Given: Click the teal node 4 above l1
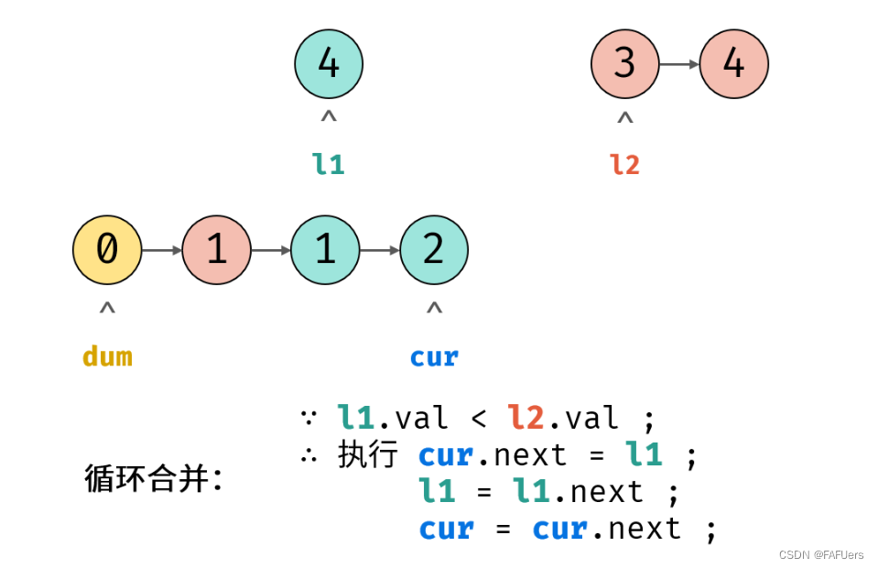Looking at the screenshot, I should [x=329, y=64].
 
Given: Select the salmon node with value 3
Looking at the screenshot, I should [x=624, y=64].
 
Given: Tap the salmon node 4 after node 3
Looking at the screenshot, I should [x=733, y=64].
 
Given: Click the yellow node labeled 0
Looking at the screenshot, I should [x=107, y=249].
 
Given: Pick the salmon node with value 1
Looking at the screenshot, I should [x=216, y=249].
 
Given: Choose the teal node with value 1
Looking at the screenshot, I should [x=325, y=249].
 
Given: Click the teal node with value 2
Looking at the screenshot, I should [x=434, y=249].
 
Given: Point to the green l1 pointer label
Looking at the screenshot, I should [x=329, y=164].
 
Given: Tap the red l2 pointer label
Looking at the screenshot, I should [x=624, y=164].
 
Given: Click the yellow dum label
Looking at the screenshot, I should [x=107, y=355].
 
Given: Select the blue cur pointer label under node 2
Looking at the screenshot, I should [x=434, y=356].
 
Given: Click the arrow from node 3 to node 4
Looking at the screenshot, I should [x=678, y=64].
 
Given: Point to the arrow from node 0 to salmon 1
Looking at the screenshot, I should [x=162, y=249].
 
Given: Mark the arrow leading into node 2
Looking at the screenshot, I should [x=379, y=249].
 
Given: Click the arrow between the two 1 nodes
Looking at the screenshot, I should [x=271, y=249].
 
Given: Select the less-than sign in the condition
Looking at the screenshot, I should [x=479, y=420].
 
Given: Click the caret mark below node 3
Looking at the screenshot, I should [x=624, y=118].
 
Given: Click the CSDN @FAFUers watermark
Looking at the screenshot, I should [x=821, y=555].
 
